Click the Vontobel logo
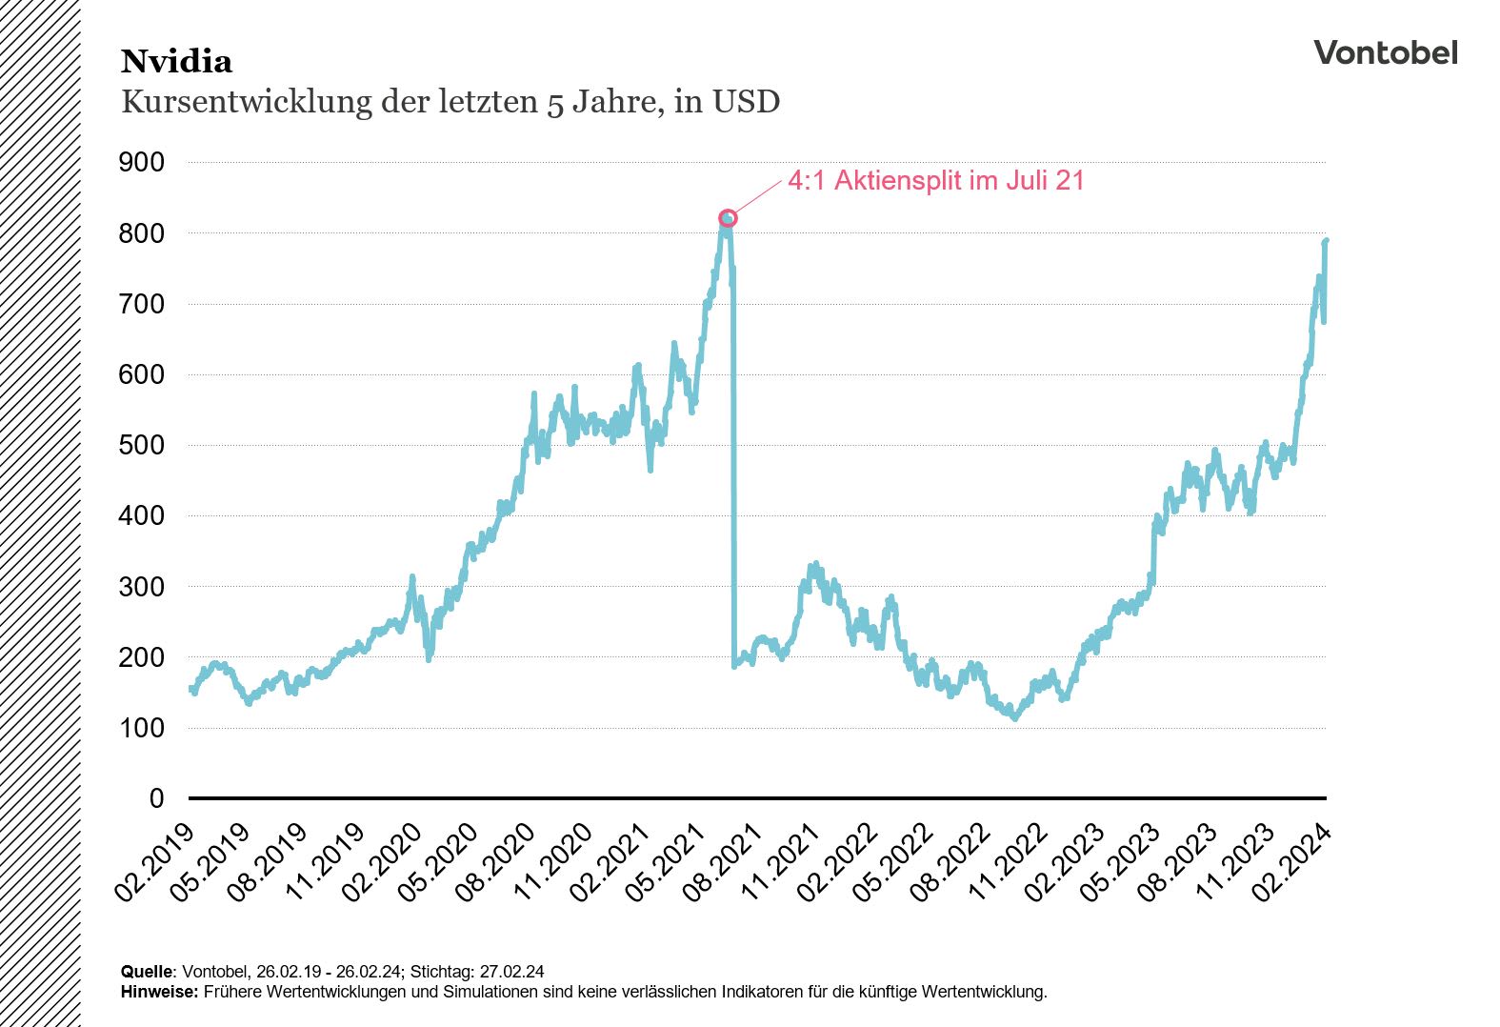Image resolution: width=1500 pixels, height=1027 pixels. point(1385,53)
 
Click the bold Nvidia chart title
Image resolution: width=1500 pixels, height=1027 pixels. point(176,62)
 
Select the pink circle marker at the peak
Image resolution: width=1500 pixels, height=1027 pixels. point(728,218)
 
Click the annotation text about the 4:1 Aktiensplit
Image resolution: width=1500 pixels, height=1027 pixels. point(935,181)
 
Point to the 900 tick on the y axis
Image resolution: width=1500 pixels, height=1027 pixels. point(141,162)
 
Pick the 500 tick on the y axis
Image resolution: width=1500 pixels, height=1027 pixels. point(141,445)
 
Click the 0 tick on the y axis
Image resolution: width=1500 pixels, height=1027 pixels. point(156,798)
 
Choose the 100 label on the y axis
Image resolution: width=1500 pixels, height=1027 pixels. point(141,728)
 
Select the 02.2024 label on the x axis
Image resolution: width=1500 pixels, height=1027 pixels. point(1293,862)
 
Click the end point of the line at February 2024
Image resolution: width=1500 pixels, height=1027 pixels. point(1326,241)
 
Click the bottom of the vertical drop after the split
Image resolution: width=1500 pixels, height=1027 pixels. point(734,665)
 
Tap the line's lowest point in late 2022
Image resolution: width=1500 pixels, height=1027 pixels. point(1015,718)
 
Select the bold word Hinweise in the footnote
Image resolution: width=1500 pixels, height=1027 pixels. point(159,992)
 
